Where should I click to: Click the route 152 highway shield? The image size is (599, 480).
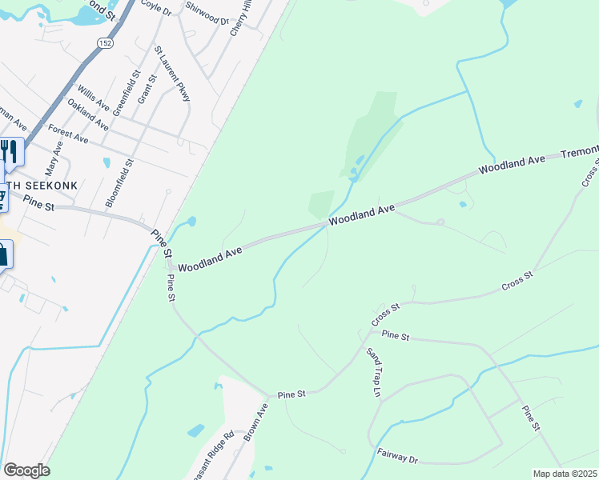click(x=104, y=43)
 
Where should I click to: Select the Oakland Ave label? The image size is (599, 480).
click(x=88, y=115)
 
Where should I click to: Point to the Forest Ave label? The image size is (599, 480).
click(x=68, y=133)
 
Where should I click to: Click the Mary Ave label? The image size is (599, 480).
click(x=54, y=160)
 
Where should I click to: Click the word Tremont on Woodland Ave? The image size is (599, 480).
click(x=579, y=152)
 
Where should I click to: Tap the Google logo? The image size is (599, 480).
click(x=27, y=470)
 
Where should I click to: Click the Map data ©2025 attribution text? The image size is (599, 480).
click(x=565, y=474)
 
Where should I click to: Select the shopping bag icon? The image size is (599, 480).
click(x=3, y=255)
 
